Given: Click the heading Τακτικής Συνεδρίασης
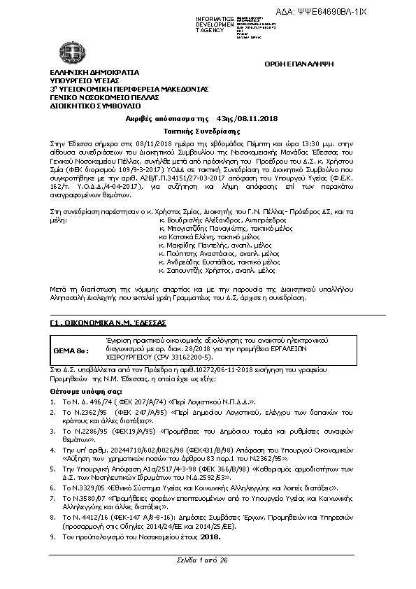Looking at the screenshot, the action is coord(207,132).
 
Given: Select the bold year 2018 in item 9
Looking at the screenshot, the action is coord(210,537).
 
